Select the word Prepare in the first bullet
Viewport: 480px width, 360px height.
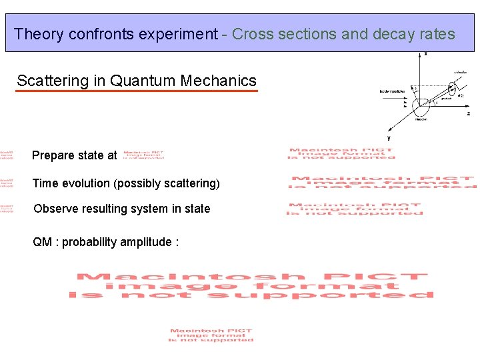pos(53,156)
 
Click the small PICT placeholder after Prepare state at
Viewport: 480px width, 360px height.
pos(143,155)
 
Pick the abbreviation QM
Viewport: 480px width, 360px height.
pos(43,242)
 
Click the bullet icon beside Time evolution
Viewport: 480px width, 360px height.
pos(7,183)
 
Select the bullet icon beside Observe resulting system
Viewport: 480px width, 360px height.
pos(7,209)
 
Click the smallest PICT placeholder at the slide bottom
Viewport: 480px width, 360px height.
pos(211,335)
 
